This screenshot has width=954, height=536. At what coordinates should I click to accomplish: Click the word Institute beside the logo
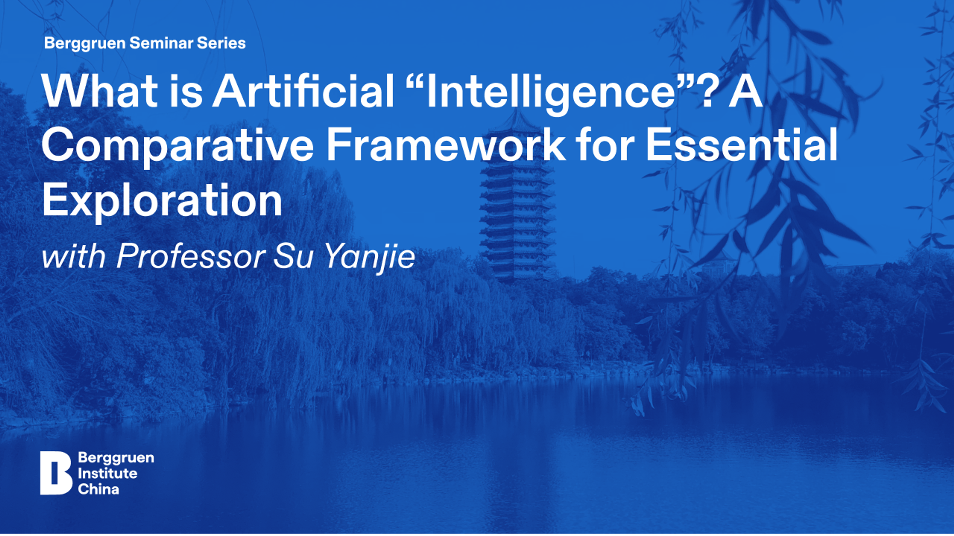pyautogui.click(x=107, y=473)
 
